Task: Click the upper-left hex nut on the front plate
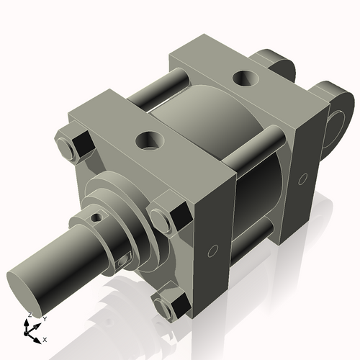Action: pyautogui.click(x=75, y=146)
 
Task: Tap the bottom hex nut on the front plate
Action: pyautogui.click(x=170, y=305)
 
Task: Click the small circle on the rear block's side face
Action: pyautogui.click(x=303, y=178)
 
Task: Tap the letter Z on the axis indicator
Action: pyautogui.click(x=29, y=315)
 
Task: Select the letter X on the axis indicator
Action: pyautogui.click(x=45, y=338)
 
